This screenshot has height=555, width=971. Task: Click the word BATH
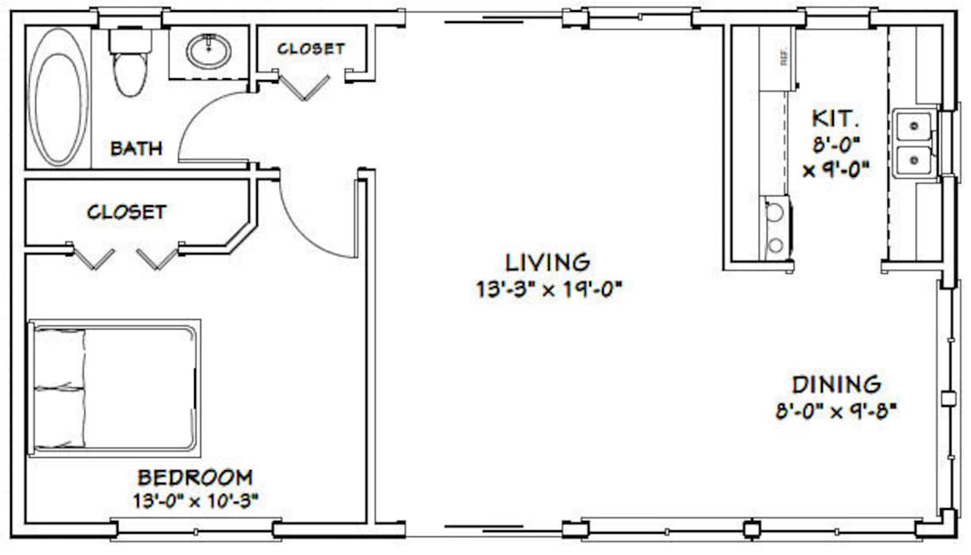pos(136,149)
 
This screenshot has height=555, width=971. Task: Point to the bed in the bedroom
pos(115,388)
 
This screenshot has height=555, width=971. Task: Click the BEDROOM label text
pos(195,477)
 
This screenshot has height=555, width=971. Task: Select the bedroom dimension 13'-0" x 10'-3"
pos(195,500)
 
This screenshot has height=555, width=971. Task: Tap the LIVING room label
pos(548,262)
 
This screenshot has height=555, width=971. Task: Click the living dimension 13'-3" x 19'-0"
pos(550,289)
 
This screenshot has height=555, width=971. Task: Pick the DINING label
pos(836,385)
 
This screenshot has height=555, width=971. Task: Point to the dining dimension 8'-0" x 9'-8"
pos(836,412)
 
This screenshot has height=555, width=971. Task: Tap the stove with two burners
pos(775,227)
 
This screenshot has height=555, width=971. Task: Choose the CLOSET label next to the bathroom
pos(311,49)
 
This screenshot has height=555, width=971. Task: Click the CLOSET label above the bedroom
pos(127,210)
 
